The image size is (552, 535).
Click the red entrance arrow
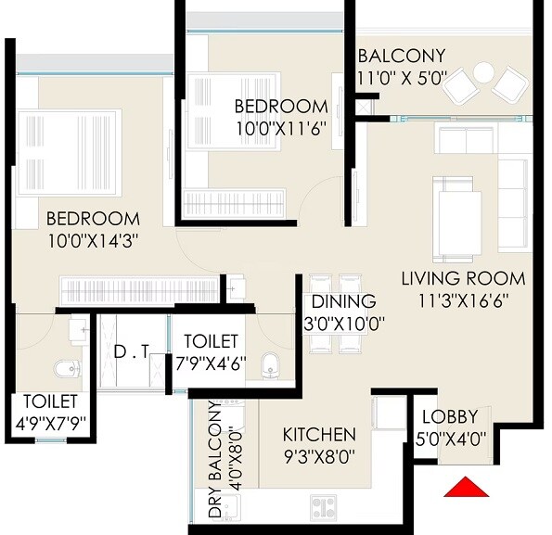coord(465,487)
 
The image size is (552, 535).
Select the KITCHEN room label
coord(319,434)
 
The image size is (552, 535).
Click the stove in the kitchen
coord(323,506)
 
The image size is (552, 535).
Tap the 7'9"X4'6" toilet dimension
coord(211,363)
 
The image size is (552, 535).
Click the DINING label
coord(343,301)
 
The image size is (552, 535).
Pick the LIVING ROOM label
coord(463,278)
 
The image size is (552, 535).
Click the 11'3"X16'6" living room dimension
coord(462,301)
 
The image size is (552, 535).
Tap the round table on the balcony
coord(483,72)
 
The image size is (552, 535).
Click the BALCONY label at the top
coord(401,55)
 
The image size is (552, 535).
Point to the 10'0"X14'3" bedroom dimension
coord(93,242)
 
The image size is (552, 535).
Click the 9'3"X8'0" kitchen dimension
coord(319,456)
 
